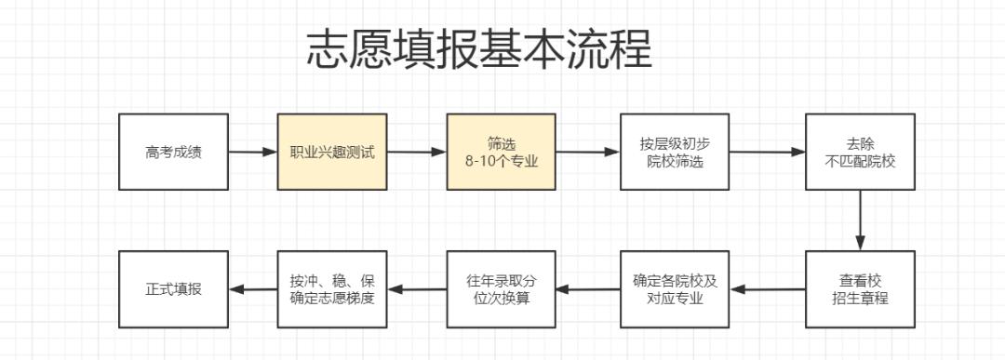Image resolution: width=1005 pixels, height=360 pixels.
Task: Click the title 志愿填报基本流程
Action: click(x=479, y=50)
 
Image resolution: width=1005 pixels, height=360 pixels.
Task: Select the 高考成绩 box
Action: click(x=173, y=152)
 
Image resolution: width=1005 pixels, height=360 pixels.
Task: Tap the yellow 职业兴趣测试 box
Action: click(x=332, y=152)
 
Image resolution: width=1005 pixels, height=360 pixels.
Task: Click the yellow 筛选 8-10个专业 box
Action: click(x=501, y=152)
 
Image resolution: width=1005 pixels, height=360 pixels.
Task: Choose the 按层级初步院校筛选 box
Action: click(x=675, y=152)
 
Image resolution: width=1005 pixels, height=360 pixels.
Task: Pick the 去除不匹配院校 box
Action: click(x=860, y=152)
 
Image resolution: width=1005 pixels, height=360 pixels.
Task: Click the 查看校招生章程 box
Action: click(x=860, y=288)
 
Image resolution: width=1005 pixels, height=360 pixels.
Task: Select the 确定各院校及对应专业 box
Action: click(x=675, y=288)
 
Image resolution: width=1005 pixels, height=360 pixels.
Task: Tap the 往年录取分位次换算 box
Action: click(x=501, y=288)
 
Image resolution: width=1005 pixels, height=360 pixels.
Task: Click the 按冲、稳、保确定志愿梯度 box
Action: click(x=332, y=288)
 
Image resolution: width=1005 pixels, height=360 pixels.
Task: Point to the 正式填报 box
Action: click(x=173, y=288)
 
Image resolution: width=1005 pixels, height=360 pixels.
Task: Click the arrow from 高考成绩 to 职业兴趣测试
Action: click(x=252, y=152)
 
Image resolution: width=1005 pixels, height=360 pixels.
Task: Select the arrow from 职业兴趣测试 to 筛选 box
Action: click(x=417, y=152)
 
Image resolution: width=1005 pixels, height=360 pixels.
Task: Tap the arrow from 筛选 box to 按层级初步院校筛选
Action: click(x=588, y=152)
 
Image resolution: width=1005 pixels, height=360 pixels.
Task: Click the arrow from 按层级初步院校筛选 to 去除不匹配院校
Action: click(x=768, y=152)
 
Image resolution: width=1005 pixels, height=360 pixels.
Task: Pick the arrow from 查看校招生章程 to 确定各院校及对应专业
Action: click(x=768, y=289)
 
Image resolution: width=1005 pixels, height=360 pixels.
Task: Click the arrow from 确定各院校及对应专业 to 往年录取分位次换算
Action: click(x=588, y=289)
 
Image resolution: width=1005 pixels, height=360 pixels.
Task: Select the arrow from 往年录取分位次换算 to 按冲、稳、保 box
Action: click(x=417, y=289)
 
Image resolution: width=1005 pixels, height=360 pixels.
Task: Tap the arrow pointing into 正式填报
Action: click(x=252, y=289)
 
